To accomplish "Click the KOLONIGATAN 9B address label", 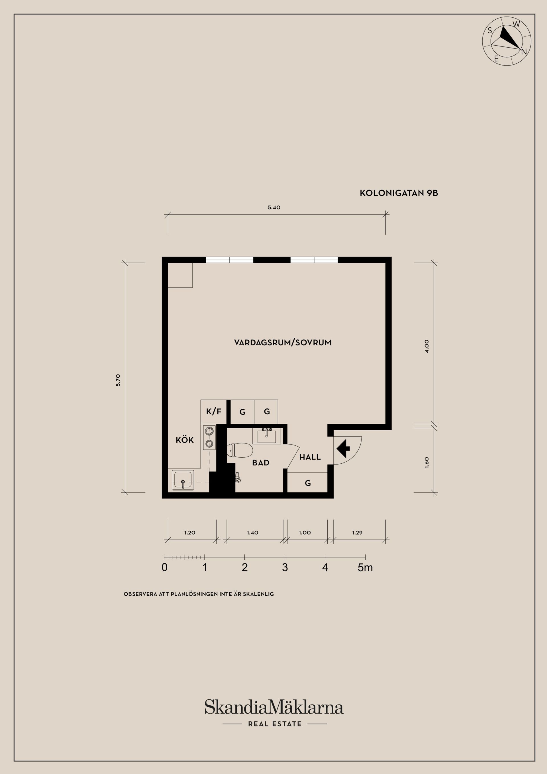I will click(x=399, y=193).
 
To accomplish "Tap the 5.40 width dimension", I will click(x=274, y=208).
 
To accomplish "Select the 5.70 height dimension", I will click(x=118, y=380).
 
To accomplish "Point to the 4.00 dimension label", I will click(x=427, y=346).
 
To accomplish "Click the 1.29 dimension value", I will click(x=357, y=533).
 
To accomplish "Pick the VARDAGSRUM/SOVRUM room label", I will click(x=282, y=343).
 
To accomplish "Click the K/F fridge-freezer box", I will click(x=214, y=411).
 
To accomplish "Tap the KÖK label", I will click(x=185, y=440).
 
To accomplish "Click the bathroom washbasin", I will click(x=267, y=437).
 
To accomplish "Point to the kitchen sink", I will click(x=183, y=480).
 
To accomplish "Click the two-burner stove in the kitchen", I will click(x=209, y=437).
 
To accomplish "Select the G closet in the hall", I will click(x=307, y=483).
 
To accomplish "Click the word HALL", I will click(x=310, y=457).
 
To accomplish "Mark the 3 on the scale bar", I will click(x=285, y=568).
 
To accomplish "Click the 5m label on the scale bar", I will click(x=365, y=568).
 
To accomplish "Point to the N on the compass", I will click(x=524, y=52).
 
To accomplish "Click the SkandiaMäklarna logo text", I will click(x=274, y=706).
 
